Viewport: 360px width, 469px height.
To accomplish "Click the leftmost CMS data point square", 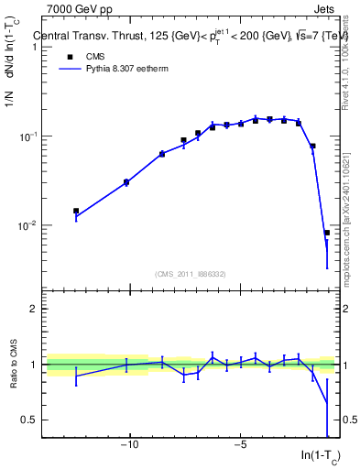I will (76, 211).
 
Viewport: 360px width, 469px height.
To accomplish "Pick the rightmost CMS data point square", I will (327, 233).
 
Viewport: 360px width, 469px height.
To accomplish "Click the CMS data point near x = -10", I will (126, 182).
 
